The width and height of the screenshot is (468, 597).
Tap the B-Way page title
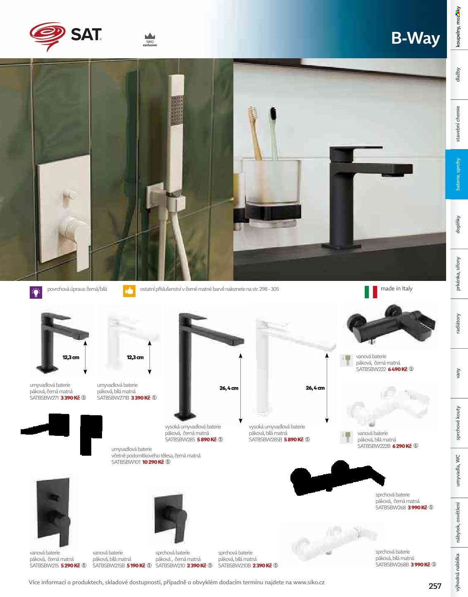(416, 38)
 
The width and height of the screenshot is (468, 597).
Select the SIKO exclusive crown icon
(150, 36)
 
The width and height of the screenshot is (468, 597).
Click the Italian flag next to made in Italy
(371, 292)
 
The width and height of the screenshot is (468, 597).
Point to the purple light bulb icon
(36, 293)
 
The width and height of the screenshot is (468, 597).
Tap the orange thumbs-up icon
(129, 291)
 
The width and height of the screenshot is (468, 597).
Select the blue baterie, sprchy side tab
(457, 174)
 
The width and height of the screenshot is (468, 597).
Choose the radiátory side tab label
(458, 323)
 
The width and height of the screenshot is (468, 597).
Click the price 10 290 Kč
(153, 462)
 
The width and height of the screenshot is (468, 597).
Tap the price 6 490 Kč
(397, 369)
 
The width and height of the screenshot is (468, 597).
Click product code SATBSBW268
(390, 507)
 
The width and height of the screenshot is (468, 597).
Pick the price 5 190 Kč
(136, 566)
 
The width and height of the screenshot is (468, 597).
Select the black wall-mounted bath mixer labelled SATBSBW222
(391, 324)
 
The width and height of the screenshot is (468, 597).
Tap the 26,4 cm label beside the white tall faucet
(315, 388)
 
